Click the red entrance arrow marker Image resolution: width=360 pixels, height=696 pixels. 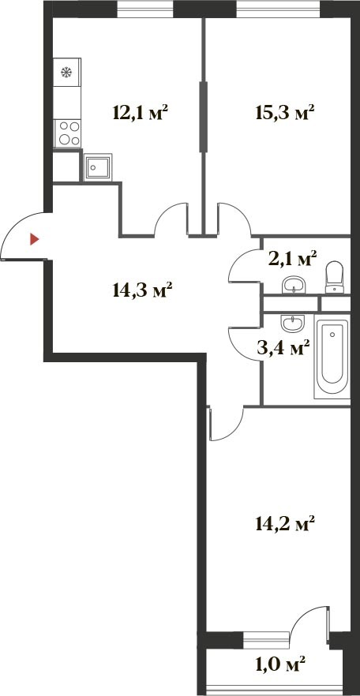point(34,240)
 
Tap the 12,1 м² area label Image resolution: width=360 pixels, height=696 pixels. point(141,112)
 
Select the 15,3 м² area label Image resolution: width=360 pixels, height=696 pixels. point(285,113)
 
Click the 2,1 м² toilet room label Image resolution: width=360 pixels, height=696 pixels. point(292,258)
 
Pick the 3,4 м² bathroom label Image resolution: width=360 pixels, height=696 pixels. point(283,347)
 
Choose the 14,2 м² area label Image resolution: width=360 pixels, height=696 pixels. point(285,523)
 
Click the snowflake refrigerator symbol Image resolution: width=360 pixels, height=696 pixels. point(66,72)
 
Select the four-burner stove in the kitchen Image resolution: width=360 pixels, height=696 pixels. point(67,133)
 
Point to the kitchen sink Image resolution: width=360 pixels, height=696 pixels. point(98,167)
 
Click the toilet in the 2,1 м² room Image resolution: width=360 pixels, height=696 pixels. point(334,278)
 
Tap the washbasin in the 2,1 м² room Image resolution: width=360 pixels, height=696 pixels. point(294,285)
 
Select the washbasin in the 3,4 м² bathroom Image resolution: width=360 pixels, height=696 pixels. point(293,324)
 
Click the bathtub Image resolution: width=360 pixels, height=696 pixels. point(332,356)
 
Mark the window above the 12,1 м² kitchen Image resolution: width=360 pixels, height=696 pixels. point(145,9)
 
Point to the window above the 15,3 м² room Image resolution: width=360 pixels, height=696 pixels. point(279,9)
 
